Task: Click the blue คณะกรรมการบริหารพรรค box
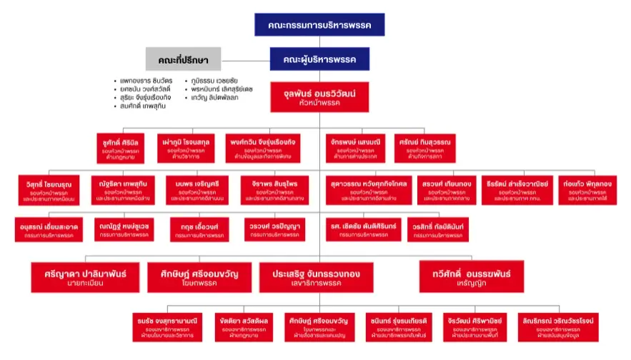[x=319, y=24]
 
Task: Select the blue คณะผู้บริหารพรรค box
[x=319, y=59]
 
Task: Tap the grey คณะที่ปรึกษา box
[x=183, y=59]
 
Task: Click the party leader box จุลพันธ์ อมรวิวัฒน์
[x=319, y=97]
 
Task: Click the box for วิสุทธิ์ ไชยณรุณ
[x=49, y=187]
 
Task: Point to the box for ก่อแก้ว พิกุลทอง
[x=585, y=187]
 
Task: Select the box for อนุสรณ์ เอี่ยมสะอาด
[x=48, y=230]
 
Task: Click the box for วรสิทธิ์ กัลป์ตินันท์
[x=437, y=230]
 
